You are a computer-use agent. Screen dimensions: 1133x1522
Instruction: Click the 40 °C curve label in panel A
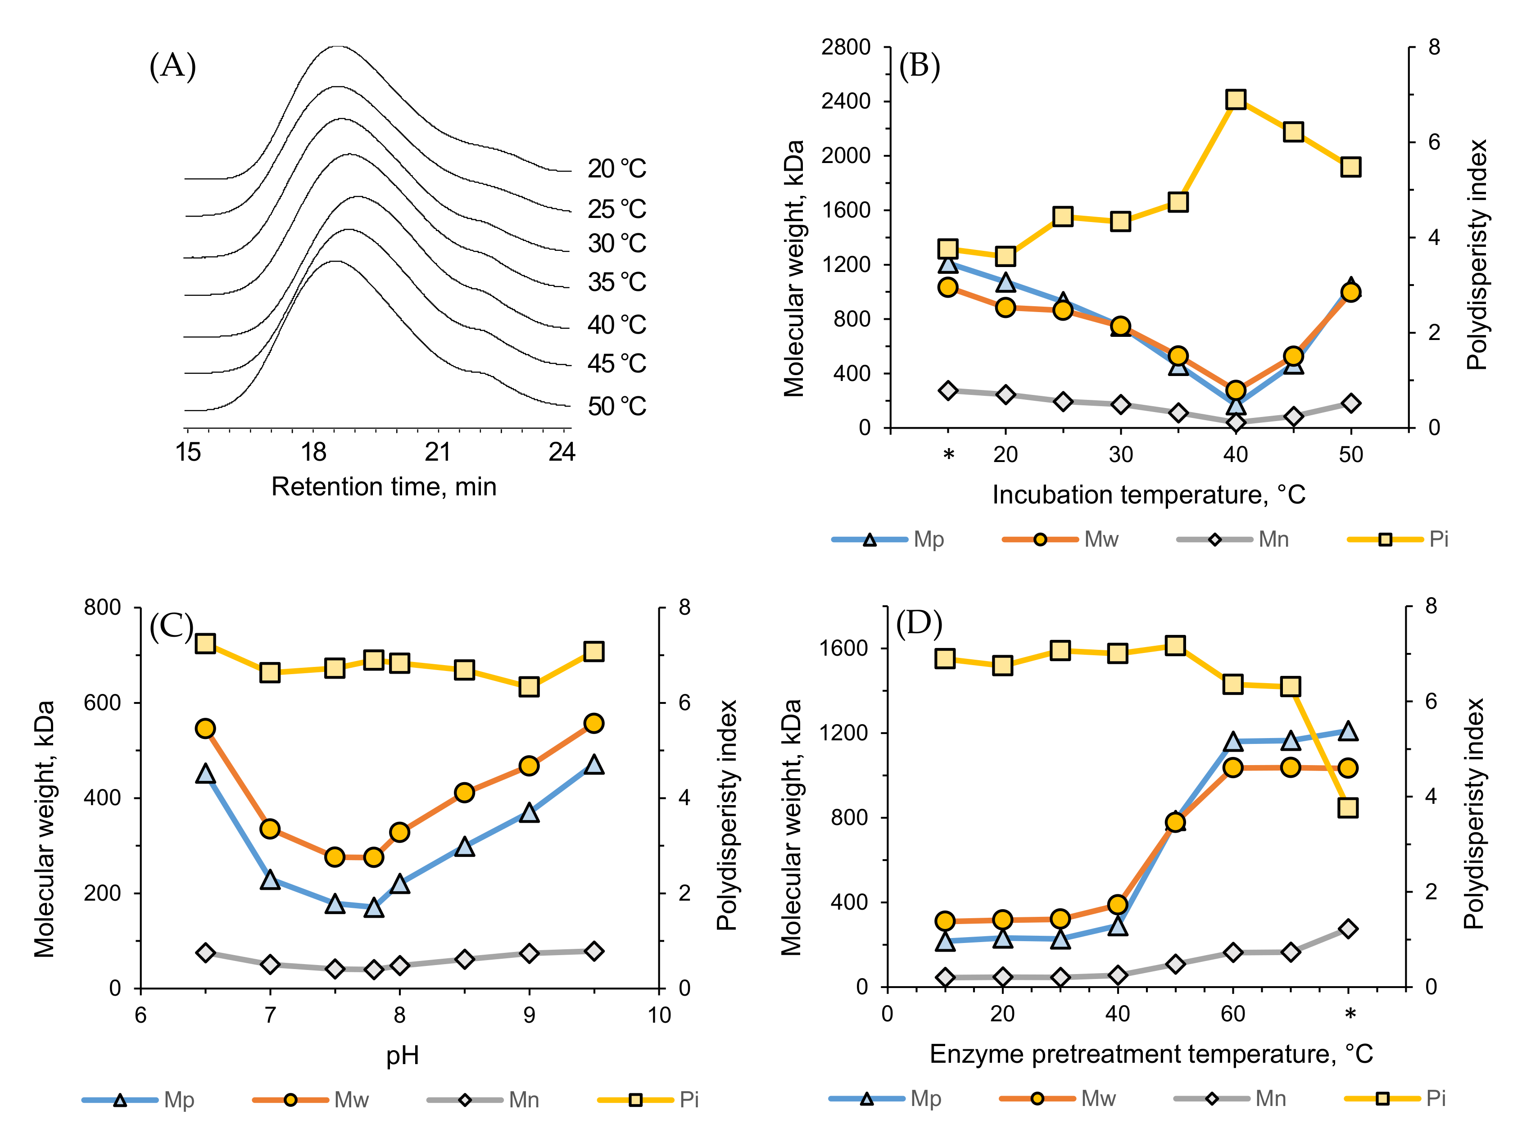pos(616,324)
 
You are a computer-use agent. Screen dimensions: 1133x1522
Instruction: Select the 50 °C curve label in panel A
pos(616,406)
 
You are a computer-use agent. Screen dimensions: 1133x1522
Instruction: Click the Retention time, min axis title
pos(383,487)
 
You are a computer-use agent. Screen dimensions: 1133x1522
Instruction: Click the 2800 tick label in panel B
pos(845,47)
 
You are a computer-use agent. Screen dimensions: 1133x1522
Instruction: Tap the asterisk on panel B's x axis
pos(948,455)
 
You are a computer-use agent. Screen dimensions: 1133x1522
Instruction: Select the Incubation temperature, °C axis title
pos(1148,494)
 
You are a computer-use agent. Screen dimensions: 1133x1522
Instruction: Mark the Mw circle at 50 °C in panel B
pos(1350,293)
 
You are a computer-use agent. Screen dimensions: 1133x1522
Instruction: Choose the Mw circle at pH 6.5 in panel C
pos(205,728)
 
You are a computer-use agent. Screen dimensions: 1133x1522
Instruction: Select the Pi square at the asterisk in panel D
pos(1348,808)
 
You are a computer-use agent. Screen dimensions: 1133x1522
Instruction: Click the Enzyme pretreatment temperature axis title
pos(1150,1054)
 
